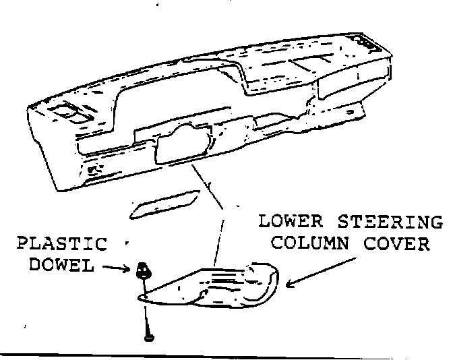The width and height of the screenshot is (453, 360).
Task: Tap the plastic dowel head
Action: (x=143, y=270)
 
